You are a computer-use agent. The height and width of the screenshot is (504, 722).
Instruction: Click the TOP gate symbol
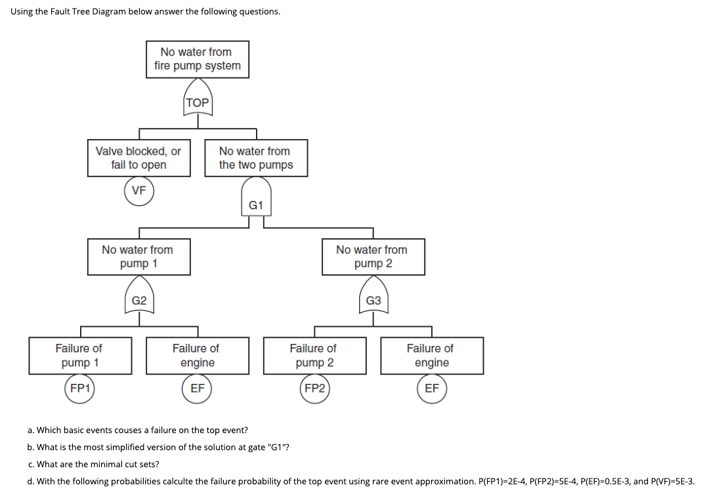[x=198, y=98]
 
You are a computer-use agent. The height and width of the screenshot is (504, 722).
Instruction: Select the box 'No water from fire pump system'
[x=198, y=59]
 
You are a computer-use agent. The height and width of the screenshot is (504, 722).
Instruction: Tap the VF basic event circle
[x=138, y=191]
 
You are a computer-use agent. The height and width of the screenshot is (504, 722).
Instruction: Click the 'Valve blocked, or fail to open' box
[x=138, y=158]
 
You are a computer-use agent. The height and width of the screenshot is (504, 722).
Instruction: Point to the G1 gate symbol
[x=256, y=201]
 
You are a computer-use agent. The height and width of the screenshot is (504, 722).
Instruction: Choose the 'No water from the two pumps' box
[x=256, y=158]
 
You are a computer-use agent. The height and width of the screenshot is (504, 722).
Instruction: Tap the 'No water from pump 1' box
[x=138, y=257]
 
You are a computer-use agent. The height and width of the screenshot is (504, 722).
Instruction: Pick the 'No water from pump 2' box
[x=373, y=257]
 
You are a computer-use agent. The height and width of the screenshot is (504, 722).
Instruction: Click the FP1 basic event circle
[x=80, y=388]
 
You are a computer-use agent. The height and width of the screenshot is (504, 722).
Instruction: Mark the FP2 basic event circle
[x=314, y=388]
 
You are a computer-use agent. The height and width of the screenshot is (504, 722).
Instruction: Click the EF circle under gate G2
[x=198, y=388]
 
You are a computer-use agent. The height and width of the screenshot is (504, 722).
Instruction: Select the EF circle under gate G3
[x=431, y=388]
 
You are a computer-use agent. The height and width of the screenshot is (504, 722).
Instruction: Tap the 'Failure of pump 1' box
[x=79, y=356]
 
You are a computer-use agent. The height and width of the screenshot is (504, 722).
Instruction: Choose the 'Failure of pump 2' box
[x=314, y=356]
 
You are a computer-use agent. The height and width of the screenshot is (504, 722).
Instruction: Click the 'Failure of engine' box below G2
[x=197, y=356]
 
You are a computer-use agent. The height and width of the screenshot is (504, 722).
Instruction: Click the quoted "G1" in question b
[x=279, y=447]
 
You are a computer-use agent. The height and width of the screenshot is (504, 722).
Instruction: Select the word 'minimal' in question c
[x=98, y=464]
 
